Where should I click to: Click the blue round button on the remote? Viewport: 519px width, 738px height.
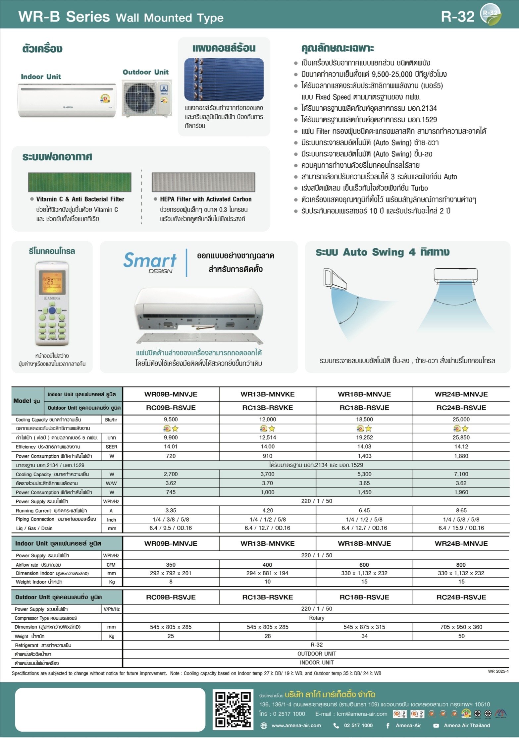pos(52,311)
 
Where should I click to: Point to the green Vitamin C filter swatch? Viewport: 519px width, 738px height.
pos(79,182)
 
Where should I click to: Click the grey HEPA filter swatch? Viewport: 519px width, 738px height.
pos(203,182)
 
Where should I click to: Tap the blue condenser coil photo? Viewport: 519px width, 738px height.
pos(224,80)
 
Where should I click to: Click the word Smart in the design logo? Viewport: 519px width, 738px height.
pos(150,260)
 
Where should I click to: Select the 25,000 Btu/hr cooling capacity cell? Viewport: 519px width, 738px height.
pos(461,419)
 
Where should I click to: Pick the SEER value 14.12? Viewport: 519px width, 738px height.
pos(461,446)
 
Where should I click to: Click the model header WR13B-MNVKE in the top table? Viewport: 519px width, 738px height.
pos(267,394)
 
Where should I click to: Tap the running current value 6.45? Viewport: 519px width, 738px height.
pos(364,510)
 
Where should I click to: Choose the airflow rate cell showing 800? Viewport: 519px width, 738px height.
pos(461,565)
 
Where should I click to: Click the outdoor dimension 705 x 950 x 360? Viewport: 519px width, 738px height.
pos(461,627)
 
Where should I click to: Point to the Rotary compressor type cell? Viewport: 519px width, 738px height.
pos(317,618)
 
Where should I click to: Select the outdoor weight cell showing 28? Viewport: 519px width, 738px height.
pos(268,636)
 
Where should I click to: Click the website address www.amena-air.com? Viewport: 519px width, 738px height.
pos(296,725)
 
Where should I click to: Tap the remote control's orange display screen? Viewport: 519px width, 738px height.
pos(52,282)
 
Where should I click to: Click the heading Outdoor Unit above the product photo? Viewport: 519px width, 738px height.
pos(145,72)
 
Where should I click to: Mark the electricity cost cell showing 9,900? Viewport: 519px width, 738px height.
pos(171,437)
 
